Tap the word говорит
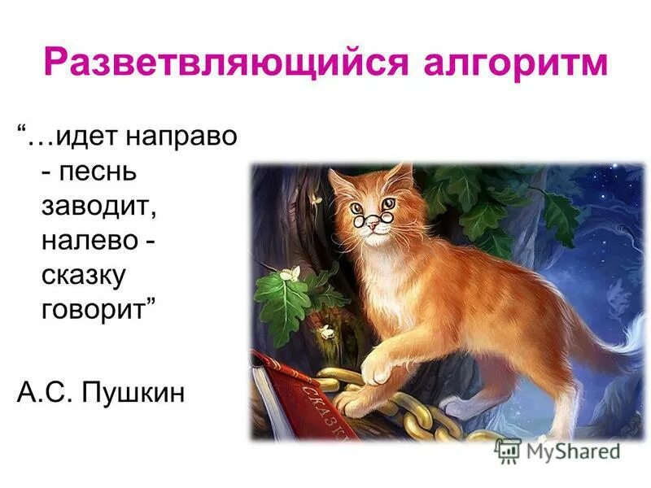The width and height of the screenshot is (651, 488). pos(98,312)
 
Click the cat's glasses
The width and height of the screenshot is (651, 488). pos(370,213)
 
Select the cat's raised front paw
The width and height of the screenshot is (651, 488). pos(375,370)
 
